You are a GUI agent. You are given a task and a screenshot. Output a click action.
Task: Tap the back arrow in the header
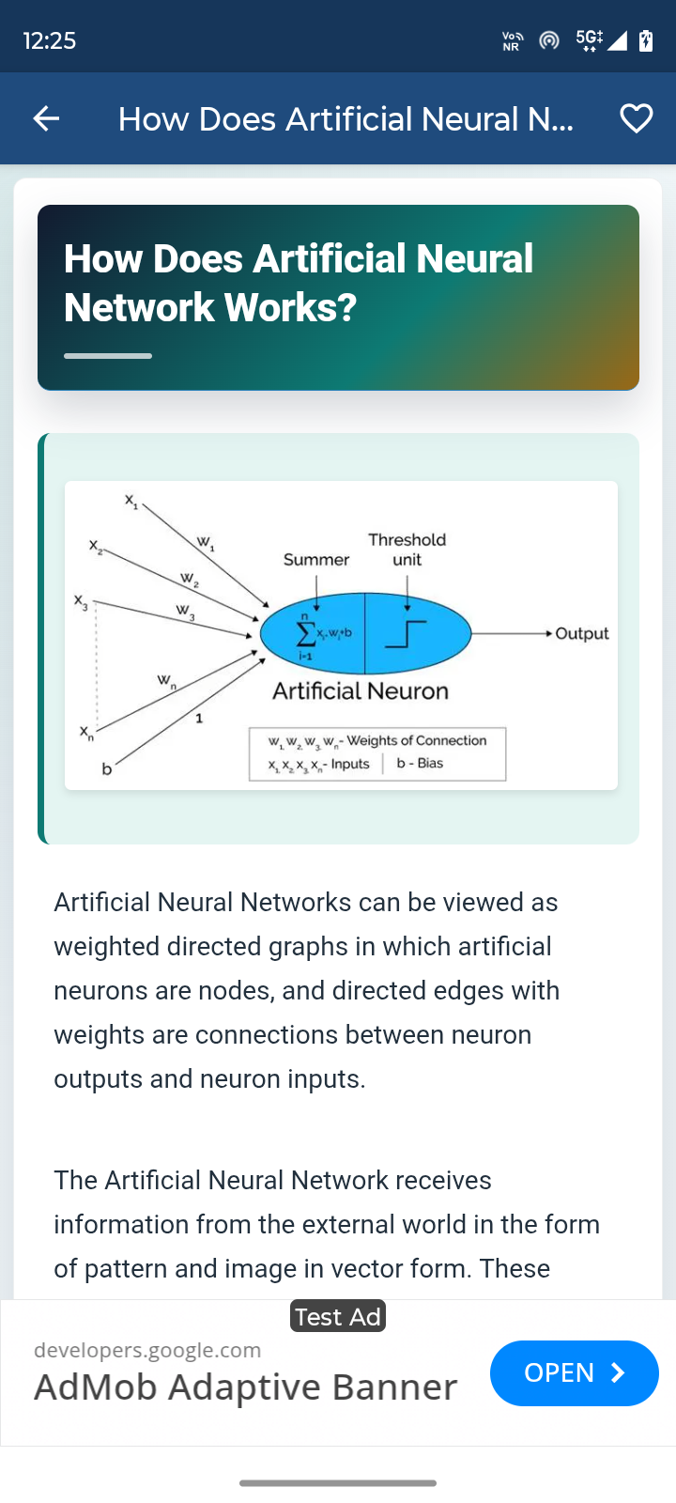click(x=46, y=118)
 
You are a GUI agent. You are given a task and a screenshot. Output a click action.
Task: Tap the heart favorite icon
click(x=636, y=118)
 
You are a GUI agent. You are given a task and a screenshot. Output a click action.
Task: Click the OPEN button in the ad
click(x=574, y=1372)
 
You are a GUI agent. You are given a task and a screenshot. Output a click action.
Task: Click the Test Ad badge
click(x=338, y=1316)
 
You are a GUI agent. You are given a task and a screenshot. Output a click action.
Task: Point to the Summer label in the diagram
click(x=315, y=560)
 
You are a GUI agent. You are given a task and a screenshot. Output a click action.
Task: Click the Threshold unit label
click(x=407, y=550)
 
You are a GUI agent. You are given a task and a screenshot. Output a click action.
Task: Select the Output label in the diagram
click(x=582, y=634)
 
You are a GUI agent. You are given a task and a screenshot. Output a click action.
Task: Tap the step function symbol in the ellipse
click(x=406, y=634)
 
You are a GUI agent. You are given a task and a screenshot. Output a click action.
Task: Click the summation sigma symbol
click(x=305, y=633)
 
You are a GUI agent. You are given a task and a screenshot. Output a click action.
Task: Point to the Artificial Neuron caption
click(x=361, y=691)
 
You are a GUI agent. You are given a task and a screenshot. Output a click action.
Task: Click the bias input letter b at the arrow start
click(x=107, y=769)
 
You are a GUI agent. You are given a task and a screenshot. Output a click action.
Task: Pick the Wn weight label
click(x=166, y=681)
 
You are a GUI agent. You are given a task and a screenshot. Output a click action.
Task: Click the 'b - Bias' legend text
click(x=420, y=763)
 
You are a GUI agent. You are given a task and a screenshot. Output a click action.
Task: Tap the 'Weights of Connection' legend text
click(x=417, y=740)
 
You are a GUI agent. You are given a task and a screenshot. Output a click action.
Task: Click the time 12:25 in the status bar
click(x=50, y=40)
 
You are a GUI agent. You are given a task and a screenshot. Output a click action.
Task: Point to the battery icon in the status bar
click(x=646, y=40)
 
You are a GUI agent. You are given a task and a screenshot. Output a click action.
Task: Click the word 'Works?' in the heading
click(x=290, y=307)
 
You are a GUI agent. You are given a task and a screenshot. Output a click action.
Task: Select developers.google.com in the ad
click(x=147, y=1350)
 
